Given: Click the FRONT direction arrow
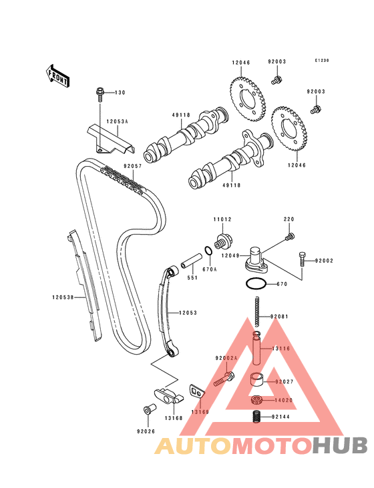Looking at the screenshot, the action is [x=57, y=76].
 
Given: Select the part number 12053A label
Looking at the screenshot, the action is [x=117, y=121].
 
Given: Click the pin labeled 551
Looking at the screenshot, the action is [x=192, y=261].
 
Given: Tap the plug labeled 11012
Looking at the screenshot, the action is [x=222, y=241].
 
